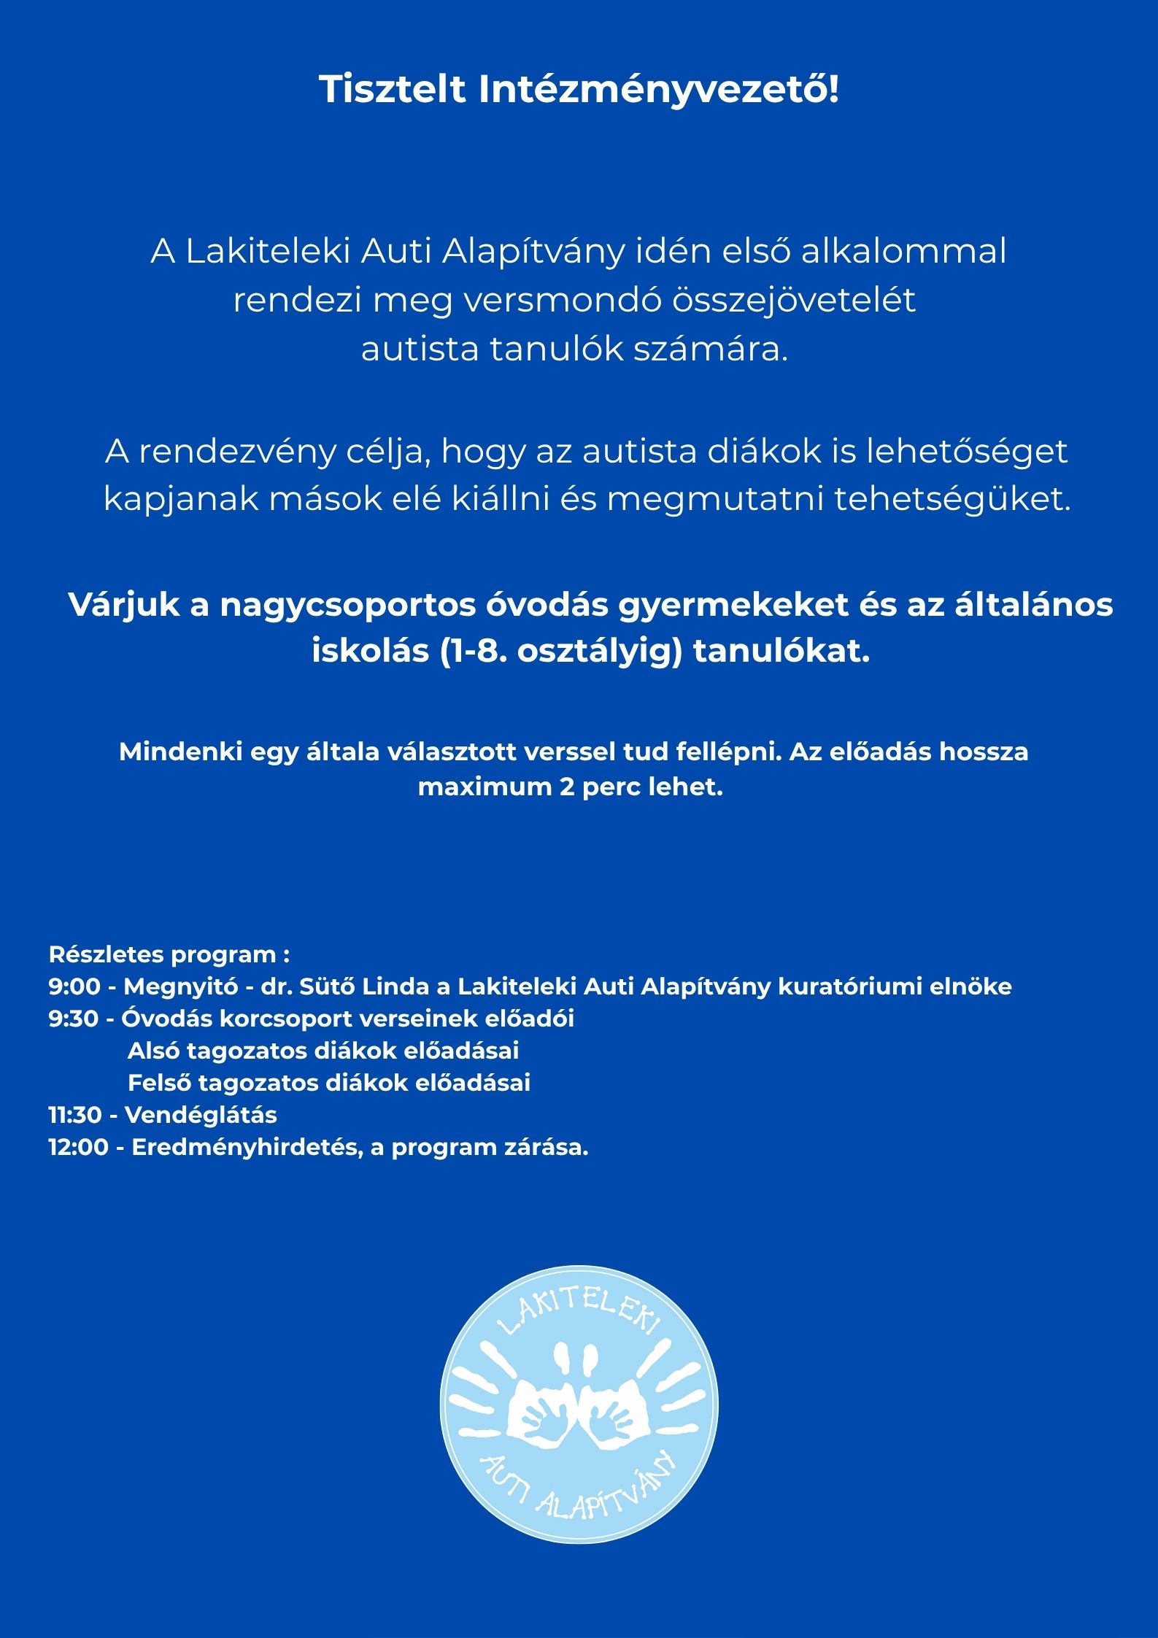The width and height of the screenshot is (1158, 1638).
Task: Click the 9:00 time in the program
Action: [x=74, y=986]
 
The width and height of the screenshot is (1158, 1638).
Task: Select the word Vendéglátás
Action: [x=201, y=1115]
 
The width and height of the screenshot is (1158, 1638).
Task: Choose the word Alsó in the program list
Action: [x=153, y=1051]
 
